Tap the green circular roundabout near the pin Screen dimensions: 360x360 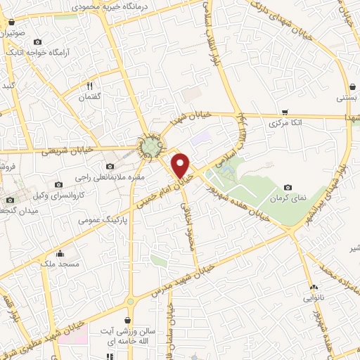pos(153,147)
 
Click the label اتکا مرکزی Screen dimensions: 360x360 pos(285,122)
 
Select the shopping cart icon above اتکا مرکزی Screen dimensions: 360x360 pos(285,112)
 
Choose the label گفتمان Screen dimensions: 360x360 pos(89,96)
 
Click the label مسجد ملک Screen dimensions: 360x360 pos(60,264)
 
